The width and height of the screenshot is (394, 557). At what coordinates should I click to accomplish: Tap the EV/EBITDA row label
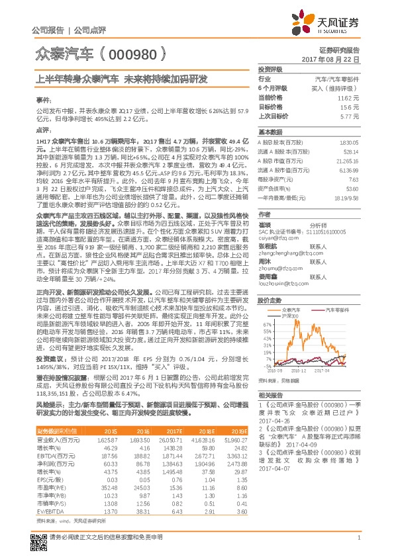(47, 493)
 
